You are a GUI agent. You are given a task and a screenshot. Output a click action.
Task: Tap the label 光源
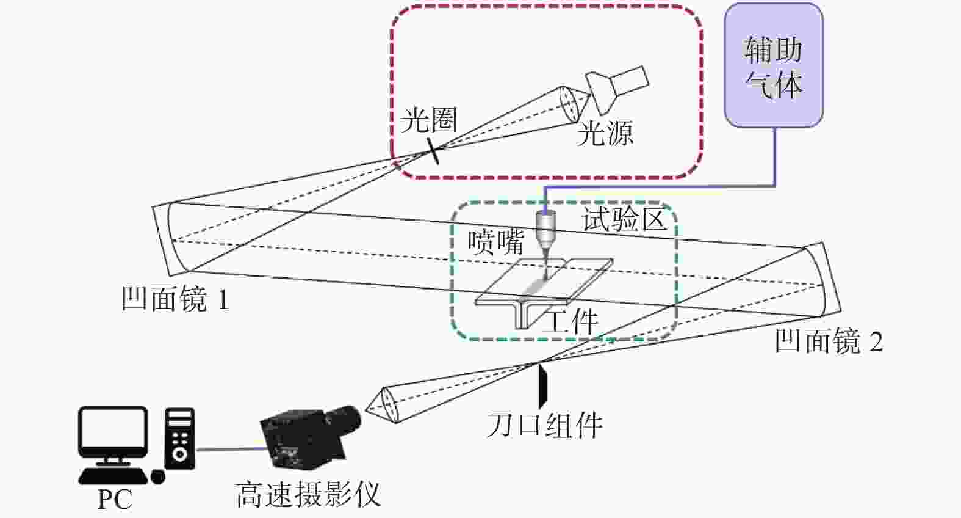(605, 133)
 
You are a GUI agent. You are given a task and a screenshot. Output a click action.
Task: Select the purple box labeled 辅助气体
(774, 66)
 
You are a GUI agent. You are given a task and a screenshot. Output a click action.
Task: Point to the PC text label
(115, 500)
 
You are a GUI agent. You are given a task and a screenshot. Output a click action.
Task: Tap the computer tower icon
(180, 439)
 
